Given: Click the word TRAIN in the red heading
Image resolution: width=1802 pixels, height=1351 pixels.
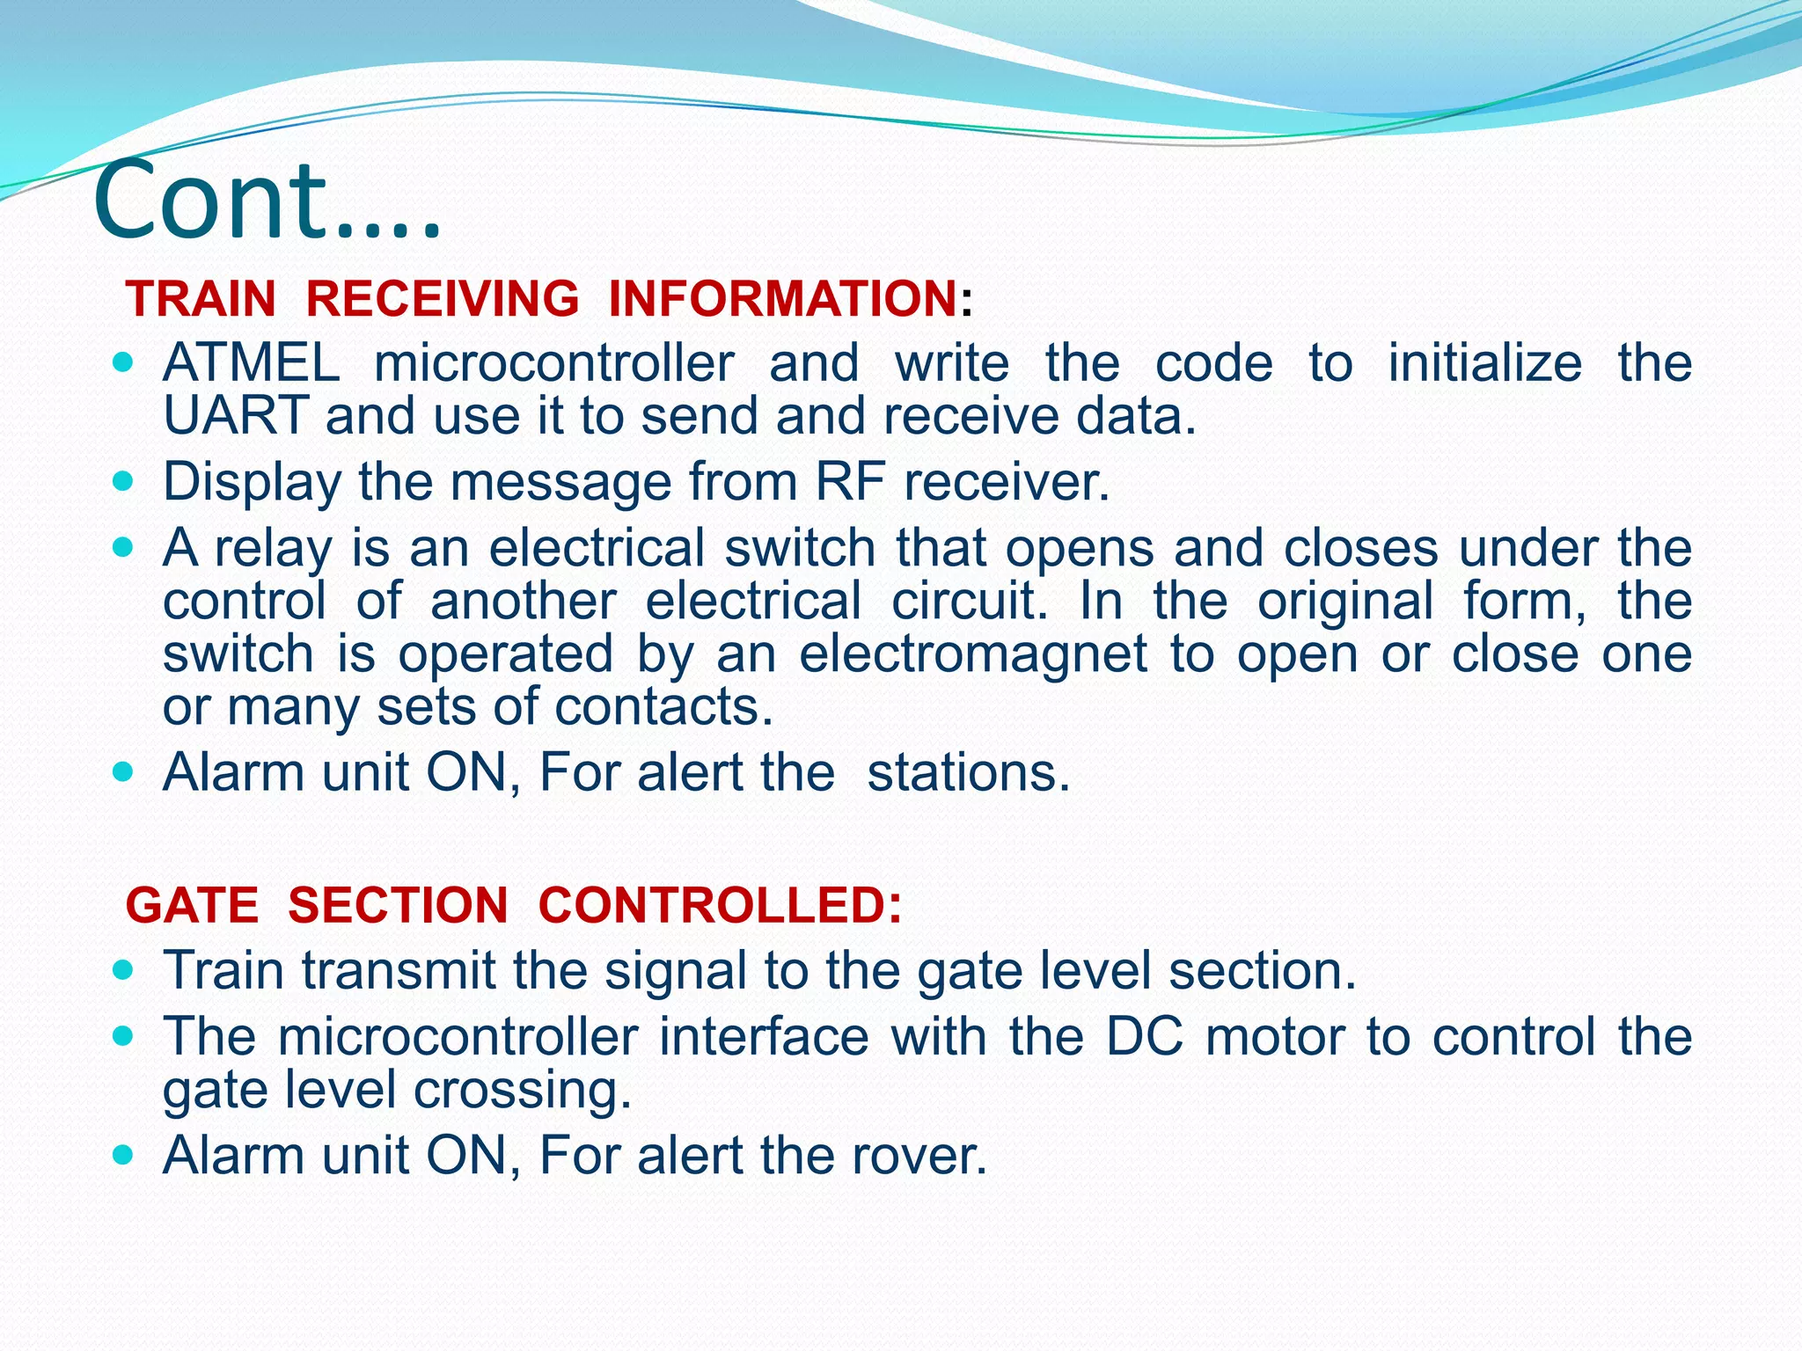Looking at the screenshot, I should pyautogui.click(x=201, y=298).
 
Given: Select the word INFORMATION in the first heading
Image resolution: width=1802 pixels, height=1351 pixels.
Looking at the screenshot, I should pyautogui.click(x=782, y=298).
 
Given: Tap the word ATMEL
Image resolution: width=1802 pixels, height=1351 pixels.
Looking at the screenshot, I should pyautogui.click(x=252, y=362).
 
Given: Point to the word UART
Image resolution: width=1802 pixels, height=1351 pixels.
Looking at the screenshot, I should pyautogui.click(x=235, y=415).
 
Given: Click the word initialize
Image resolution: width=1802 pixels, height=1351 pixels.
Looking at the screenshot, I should pyautogui.click(x=1484, y=362).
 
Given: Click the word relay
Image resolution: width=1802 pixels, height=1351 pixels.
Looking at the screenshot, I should pyautogui.click(x=274, y=548).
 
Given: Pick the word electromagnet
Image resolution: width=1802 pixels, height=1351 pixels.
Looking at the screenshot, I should pyautogui.click(x=973, y=654).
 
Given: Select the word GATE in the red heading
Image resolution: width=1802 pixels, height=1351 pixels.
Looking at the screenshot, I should pyautogui.click(x=193, y=905).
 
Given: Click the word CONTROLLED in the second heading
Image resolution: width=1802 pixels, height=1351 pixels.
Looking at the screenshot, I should pyautogui.click(x=719, y=905).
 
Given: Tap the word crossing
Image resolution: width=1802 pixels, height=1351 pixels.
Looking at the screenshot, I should pyautogui.click(x=523, y=1091).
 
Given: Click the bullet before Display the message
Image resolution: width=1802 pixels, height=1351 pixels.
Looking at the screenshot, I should pyautogui.click(x=123, y=482).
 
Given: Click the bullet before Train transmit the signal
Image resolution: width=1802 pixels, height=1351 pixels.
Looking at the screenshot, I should pyautogui.click(x=123, y=971).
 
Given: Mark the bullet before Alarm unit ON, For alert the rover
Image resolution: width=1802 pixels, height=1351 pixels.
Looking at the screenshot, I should pyautogui.click(x=123, y=1155).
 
